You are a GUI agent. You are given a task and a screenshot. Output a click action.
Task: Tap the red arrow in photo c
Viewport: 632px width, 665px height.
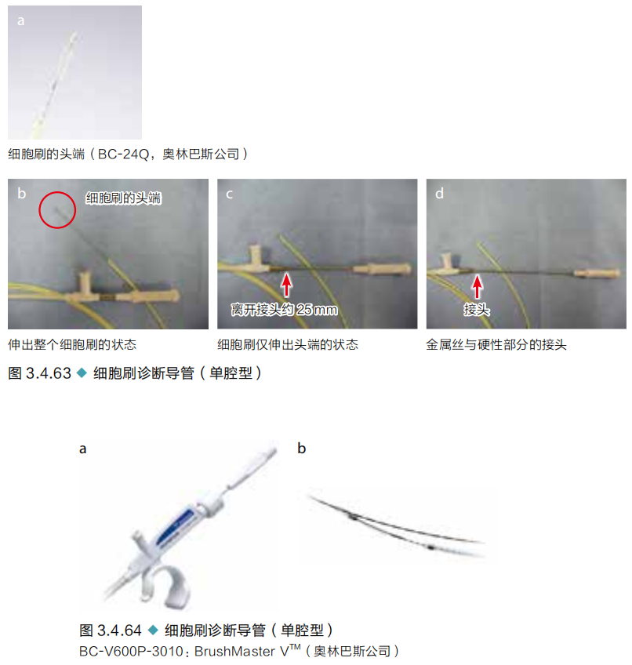point(287,285)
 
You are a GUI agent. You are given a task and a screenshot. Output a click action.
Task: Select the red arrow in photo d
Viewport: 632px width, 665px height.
point(478,287)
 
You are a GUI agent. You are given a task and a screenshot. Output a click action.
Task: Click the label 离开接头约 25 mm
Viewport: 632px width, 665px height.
point(284,310)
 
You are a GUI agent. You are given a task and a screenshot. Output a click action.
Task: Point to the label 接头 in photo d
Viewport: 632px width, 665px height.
point(477,310)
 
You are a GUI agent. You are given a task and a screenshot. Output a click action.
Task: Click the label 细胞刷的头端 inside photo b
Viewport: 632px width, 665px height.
point(123,198)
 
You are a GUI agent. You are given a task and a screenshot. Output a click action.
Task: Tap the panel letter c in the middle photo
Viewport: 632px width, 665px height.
point(229,194)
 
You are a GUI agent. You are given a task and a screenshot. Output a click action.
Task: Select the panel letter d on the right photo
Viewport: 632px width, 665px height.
point(439,194)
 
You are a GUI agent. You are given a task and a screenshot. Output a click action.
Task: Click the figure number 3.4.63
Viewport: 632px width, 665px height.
point(49,373)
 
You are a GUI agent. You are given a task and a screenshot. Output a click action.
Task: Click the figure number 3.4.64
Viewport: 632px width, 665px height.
point(119,630)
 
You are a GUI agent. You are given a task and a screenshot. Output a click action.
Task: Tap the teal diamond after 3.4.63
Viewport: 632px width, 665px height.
point(82,373)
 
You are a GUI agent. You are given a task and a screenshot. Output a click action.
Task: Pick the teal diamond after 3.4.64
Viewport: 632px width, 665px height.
point(153,630)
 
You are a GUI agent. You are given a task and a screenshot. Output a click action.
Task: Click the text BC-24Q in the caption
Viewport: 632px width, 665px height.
point(123,154)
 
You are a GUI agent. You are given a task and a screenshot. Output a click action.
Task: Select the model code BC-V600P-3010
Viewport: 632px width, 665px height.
point(131,652)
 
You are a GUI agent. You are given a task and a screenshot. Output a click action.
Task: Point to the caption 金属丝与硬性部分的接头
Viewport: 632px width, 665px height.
point(496,344)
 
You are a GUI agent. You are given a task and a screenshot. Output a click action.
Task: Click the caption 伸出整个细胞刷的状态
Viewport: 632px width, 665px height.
point(72,344)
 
